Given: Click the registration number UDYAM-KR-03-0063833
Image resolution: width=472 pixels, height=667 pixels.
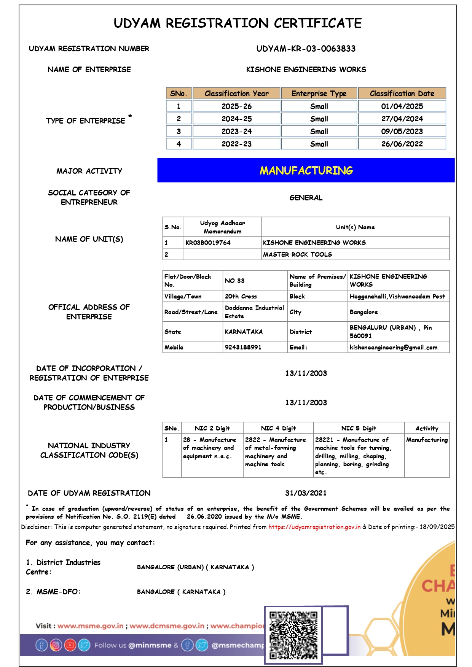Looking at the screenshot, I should pyautogui.click(x=306, y=49).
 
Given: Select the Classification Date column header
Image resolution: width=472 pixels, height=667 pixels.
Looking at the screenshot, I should pyautogui.click(x=402, y=94).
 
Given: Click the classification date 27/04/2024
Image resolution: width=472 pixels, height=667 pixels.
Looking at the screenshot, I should pyautogui.click(x=402, y=119).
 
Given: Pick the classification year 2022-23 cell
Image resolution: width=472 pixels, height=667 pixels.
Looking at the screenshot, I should pyautogui.click(x=236, y=144).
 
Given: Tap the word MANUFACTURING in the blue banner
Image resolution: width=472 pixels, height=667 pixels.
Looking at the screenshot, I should pyautogui.click(x=306, y=170).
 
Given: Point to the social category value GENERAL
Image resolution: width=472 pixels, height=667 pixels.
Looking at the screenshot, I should pyautogui.click(x=306, y=198).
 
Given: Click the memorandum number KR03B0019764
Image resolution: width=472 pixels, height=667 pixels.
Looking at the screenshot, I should pyautogui.click(x=208, y=243).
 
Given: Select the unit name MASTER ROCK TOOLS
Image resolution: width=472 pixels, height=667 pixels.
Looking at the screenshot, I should pyautogui.click(x=297, y=254).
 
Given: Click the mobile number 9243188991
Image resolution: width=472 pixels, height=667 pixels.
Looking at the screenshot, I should pyautogui.click(x=243, y=347).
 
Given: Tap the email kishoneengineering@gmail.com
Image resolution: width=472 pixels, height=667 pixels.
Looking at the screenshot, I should pyautogui.click(x=393, y=347).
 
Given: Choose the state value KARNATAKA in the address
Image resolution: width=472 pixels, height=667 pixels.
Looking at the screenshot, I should pyautogui.click(x=244, y=332).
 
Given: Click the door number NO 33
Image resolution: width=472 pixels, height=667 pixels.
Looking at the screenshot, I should pyautogui.click(x=234, y=281).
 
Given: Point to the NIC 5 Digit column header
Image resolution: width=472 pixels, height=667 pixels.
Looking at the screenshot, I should pyautogui.click(x=358, y=428).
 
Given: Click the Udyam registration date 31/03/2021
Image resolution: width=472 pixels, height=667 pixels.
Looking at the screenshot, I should pyautogui.click(x=306, y=493).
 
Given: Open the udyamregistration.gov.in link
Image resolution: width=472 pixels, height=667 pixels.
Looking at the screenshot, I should pyautogui.click(x=314, y=527).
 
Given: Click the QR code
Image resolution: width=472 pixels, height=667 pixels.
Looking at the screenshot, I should pyautogui.click(x=293, y=635).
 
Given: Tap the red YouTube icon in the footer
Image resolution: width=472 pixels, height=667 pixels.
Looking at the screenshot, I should pyautogui.click(x=70, y=645).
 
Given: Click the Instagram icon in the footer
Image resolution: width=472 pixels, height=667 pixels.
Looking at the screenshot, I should pyautogui.click(x=56, y=645).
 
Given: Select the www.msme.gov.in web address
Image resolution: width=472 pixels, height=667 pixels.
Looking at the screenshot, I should pyautogui.click(x=91, y=626).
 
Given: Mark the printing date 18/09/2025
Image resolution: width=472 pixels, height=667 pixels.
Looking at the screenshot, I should pyautogui.click(x=437, y=527).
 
